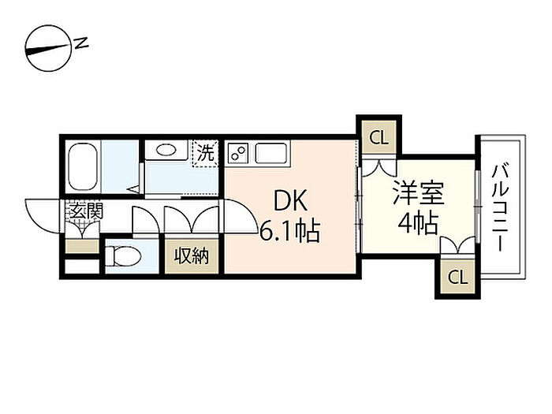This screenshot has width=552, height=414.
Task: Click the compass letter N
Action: (82, 43)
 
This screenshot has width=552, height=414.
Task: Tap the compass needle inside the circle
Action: (47, 49)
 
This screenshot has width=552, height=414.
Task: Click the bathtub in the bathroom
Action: (83, 166)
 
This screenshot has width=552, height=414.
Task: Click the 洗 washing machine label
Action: (205, 153)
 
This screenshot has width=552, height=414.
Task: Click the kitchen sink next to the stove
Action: (270, 153)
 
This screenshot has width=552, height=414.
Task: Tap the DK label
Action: (290, 200)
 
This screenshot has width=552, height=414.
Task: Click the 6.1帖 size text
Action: (289, 231)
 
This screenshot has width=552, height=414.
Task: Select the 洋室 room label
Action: (419, 193)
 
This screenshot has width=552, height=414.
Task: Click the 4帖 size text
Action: (418, 223)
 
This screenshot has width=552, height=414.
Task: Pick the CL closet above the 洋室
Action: (379, 137)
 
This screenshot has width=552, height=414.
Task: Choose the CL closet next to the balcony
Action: (457, 277)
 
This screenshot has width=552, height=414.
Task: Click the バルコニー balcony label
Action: (500, 207)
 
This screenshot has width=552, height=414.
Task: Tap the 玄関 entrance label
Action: (86, 211)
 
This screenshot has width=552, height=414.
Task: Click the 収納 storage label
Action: (192, 256)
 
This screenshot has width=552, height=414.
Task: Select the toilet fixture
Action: (123, 256)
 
